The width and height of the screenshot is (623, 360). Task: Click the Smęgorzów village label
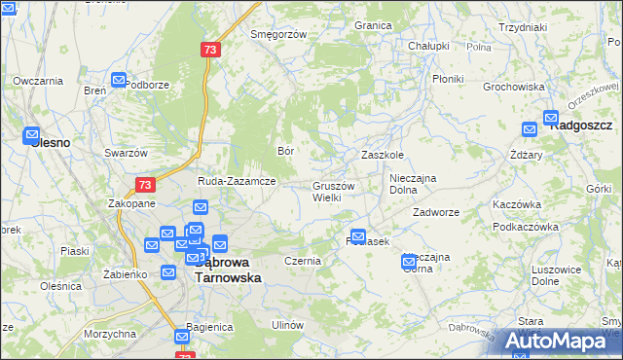278,34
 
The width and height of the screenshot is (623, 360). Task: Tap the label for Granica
373,25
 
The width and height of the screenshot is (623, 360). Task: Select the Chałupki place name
428,46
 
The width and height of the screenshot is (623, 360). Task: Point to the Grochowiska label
513,87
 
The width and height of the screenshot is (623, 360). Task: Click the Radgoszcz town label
581,126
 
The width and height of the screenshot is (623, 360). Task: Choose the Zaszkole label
382,155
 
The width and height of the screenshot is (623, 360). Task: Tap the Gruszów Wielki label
333,191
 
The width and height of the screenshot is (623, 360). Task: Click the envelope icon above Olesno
31,135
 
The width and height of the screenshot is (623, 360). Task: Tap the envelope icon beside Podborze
119,81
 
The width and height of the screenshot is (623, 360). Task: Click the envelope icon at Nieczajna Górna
410,261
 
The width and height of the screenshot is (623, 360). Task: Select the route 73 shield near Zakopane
145,184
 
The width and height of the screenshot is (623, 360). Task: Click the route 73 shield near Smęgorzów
210,49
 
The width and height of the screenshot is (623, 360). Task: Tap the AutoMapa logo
559,341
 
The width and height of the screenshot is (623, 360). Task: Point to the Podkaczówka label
517,227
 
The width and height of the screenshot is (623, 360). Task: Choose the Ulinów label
288,324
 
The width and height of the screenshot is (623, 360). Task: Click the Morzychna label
110,334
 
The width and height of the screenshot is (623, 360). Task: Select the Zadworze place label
435,211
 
